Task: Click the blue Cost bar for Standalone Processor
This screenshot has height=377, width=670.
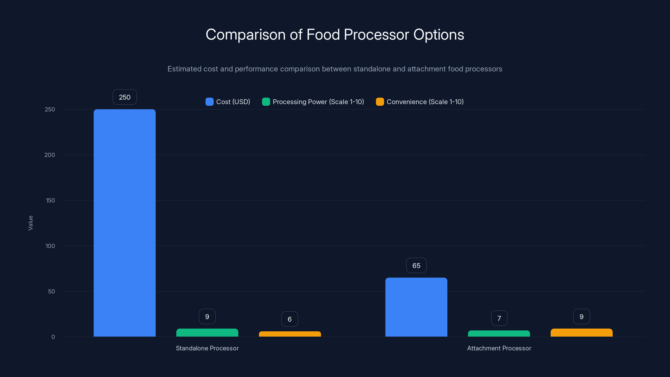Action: tap(125, 223)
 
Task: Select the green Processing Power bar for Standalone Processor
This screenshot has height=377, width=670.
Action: tap(207, 333)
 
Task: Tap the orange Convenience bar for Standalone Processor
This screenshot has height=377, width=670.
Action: tap(290, 334)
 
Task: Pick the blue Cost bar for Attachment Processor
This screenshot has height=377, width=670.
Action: tap(416, 307)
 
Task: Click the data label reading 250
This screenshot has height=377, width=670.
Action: tap(125, 97)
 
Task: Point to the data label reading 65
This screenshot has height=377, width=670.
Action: tap(416, 265)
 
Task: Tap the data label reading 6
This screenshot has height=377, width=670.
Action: tap(290, 319)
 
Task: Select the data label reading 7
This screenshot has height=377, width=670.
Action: tap(499, 318)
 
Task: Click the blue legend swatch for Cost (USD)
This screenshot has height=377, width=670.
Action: tap(209, 102)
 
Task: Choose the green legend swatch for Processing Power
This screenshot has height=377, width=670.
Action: tap(266, 102)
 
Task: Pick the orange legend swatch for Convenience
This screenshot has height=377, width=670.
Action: tap(380, 102)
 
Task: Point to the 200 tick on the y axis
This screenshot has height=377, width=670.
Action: tap(50, 155)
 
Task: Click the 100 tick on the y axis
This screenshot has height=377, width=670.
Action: tap(50, 246)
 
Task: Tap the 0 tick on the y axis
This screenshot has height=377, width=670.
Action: tap(53, 337)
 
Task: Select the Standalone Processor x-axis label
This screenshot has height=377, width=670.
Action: tap(207, 348)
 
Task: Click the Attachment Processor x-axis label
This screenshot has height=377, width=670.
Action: tap(499, 348)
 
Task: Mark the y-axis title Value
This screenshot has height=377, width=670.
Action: tap(30, 223)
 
